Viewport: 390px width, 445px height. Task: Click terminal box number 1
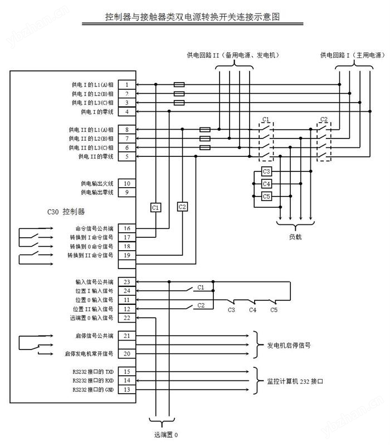127,85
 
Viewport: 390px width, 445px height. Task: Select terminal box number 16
127,228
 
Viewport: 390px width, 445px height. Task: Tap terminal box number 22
127,318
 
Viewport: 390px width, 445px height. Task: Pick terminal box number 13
127,389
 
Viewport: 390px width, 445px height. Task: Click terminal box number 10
127,183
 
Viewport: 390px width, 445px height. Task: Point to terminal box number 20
127,353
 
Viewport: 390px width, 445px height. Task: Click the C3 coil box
266,171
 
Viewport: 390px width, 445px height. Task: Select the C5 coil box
266,196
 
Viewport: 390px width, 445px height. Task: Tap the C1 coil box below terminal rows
155,207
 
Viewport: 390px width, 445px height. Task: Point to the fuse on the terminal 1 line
179,85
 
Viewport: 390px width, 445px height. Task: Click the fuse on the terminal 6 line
205,147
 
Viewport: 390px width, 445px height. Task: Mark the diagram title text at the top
193,17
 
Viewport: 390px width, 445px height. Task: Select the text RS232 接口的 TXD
93,371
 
